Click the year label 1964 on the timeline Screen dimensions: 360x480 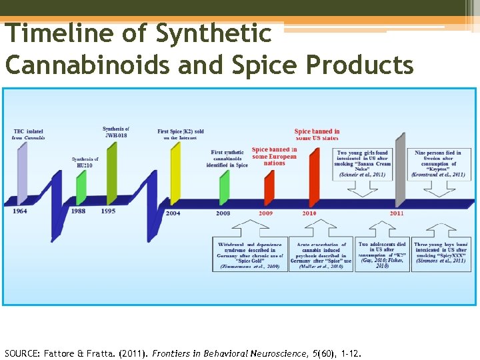(20, 211)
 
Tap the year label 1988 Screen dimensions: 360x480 (78, 211)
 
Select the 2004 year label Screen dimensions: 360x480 (172, 213)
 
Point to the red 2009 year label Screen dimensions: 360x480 (265, 213)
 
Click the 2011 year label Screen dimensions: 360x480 (397, 213)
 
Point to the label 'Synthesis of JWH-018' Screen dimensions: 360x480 (116, 132)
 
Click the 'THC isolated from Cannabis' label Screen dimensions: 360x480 (28, 133)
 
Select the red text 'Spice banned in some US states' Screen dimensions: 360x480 (317, 135)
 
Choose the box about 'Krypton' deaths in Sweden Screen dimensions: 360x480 (437, 163)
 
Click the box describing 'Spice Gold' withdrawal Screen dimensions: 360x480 (251, 255)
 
